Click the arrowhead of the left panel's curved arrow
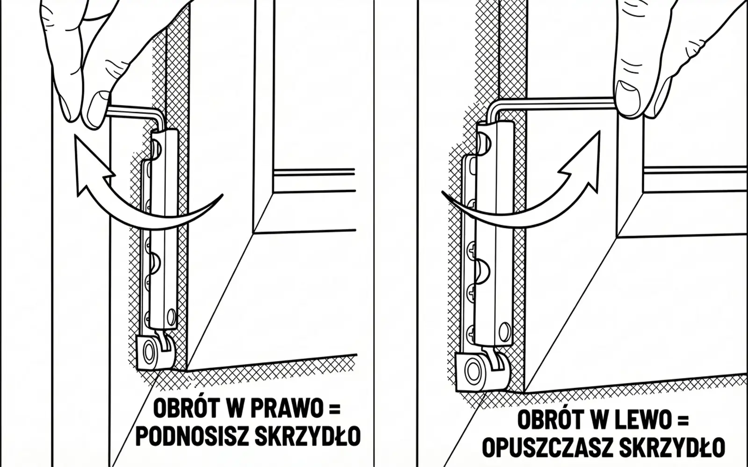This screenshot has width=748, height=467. tap(91, 159)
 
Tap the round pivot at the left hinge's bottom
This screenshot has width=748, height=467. tap(149, 351)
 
